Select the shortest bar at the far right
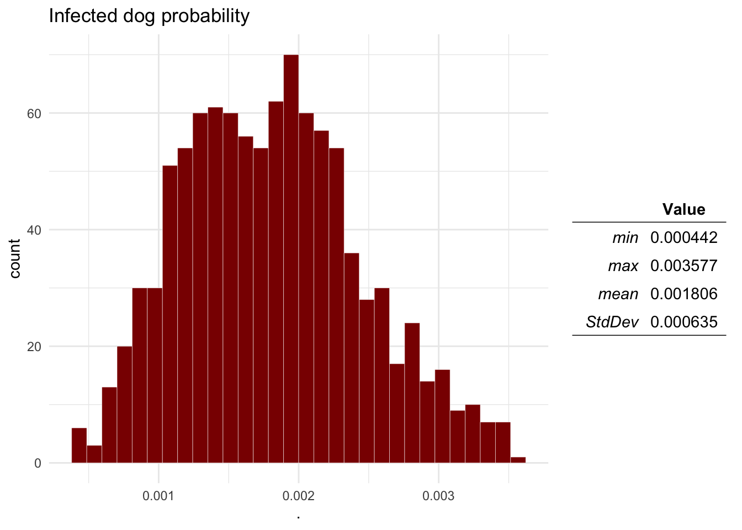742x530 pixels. coord(518,460)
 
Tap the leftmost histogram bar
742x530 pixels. coord(79,445)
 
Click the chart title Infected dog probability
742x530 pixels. coord(149,15)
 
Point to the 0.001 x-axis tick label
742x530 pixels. coord(158,496)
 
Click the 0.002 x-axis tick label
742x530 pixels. coord(299,496)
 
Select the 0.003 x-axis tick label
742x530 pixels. coord(438,496)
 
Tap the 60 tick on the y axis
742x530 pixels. coord(35,113)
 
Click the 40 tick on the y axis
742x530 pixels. coord(35,230)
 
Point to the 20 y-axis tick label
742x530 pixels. coord(35,347)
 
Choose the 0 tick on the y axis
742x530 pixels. coord(38,463)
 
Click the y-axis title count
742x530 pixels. coord(15,258)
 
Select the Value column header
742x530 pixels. coord(683,209)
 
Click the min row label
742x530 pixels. coord(625,238)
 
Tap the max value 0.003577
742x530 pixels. coord(683,266)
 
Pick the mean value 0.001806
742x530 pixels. coord(683,294)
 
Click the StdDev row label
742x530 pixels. coord(612,322)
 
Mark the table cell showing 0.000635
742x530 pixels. coord(683,322)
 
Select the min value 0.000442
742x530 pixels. coord(683,238)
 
